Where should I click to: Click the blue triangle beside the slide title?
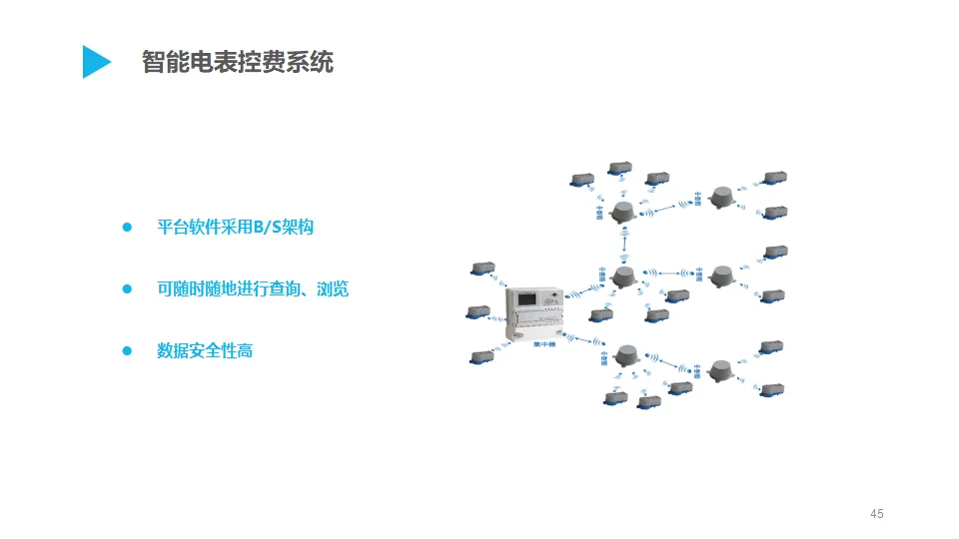(x=96, y=62)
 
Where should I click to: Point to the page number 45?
(x=877, y=514)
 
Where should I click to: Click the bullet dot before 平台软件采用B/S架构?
(x=127, y=228)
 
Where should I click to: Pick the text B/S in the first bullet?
(x=266, y=228)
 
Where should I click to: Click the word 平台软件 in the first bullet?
(x=189, y=228)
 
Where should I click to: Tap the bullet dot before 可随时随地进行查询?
(x=127, y=289)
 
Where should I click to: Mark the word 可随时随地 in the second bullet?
(x=197, y=289)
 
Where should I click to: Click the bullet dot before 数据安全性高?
(x=127, y=351)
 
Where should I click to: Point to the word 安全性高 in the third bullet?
(x=221, y=351)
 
